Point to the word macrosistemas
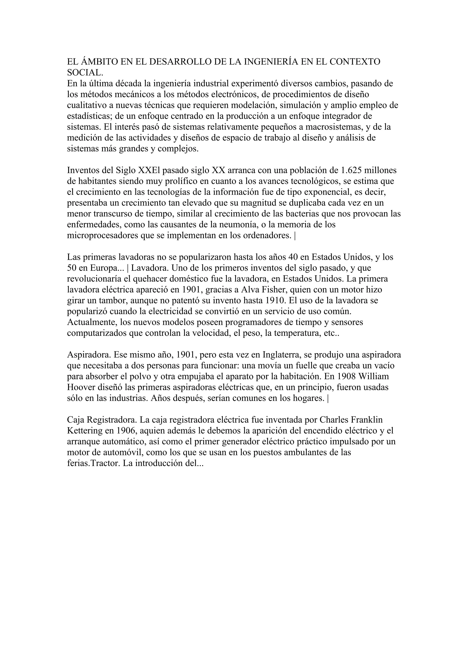click(x=332, y=127)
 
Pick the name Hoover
click(x=83, y=387)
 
